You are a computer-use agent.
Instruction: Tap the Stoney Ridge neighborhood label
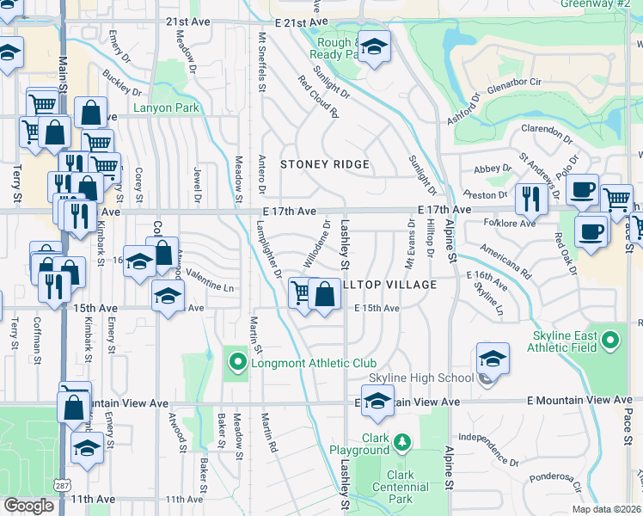tap(325, 164)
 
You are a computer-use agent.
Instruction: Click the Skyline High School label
tap(421, 378)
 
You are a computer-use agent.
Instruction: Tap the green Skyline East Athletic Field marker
tap(610, 341)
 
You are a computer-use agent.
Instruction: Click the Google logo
tap(28, 506)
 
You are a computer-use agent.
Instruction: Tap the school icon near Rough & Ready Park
tap(374, 47)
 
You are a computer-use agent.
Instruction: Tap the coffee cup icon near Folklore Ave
tap(591, 231)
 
